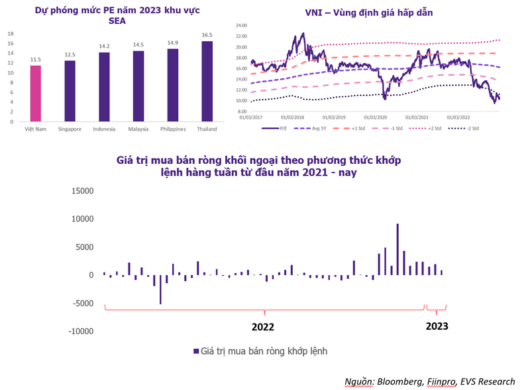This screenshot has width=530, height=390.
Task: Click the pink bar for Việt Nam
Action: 35,94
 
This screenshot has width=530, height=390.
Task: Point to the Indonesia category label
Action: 104,129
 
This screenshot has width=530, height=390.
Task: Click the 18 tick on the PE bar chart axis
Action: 10,33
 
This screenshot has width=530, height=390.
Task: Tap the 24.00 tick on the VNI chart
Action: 241,26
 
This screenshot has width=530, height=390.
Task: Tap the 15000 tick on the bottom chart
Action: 82,191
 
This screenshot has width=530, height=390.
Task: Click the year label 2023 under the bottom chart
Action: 437,326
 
